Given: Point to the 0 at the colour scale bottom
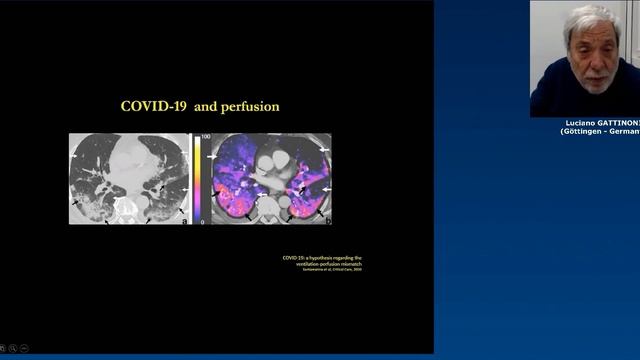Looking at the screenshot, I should pos(203,221).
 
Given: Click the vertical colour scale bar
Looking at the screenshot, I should pos(198,178).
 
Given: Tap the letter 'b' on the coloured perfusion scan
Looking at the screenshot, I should pos(327,220).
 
